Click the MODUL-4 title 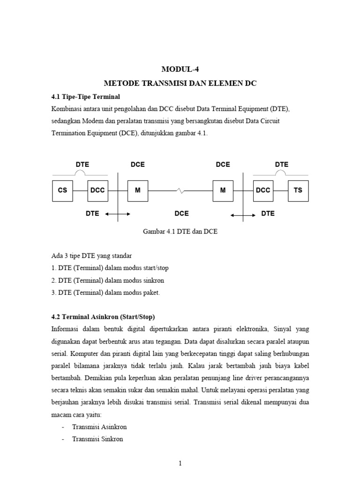point(180,69)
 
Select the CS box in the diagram point(62,190)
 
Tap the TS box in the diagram point(298,190)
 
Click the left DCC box point(97,190)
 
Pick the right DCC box point(263,190)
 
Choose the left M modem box point(138,190)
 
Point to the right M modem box point(223,190)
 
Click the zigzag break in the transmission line point(180,191)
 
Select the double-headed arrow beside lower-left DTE point(118,214)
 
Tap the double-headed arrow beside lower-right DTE point(243,215)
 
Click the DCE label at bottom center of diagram point(181,213)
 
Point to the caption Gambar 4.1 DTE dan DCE point(180,232)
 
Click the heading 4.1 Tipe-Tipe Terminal point(86,97)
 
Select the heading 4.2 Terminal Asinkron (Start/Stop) point(102,316)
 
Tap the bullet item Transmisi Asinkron point(99,427)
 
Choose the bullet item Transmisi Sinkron point(97,439)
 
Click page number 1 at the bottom point(180,464)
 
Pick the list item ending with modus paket point(105,292)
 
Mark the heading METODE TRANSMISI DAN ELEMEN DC point(180,83)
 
